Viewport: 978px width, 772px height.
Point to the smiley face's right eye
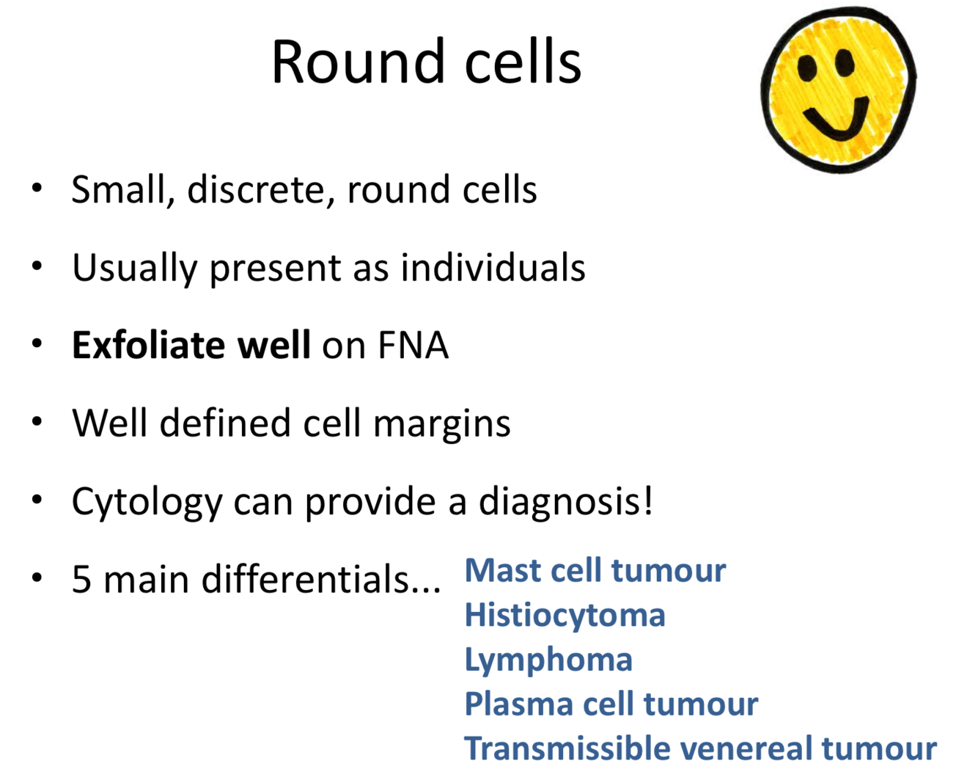click(x=845, y=62)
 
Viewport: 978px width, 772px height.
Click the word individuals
click(x=493, y=267)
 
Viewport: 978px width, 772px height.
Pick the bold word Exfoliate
click(x=148, y=345)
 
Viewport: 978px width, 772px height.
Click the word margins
click(x=442, y=424)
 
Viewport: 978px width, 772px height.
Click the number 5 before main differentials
click(x=82, y=580)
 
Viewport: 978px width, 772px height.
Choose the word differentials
click(x=321, y=579)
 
